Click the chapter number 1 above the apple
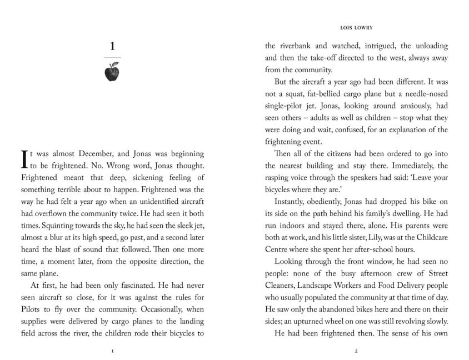(x=112, y=47)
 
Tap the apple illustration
(x=112, y=72)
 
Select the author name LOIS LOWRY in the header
(x=356, y=26)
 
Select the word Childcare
(x=430, y=238)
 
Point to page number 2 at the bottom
(x=356, y=351)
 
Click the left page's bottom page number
(x=112, y=351)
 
